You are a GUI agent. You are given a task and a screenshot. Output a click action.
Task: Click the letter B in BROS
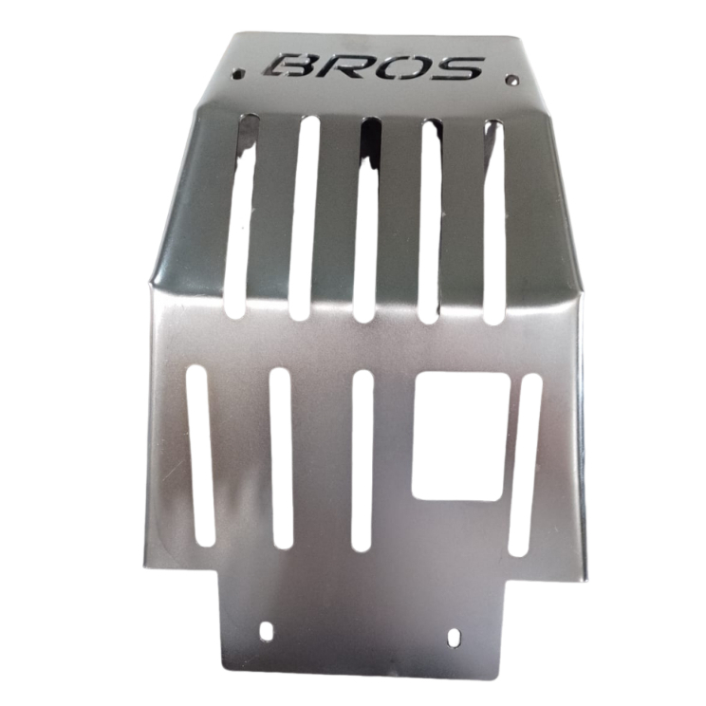coord(288,65)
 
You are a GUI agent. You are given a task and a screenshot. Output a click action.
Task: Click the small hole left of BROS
coord(238,72)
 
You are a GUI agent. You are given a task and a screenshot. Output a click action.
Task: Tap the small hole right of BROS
coord(511,80)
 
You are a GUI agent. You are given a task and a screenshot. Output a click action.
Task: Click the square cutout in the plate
coord(461,437)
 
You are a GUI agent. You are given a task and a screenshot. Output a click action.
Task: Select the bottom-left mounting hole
coord(266,630)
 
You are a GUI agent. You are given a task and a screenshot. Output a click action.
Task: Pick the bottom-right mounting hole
coord(455,637)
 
